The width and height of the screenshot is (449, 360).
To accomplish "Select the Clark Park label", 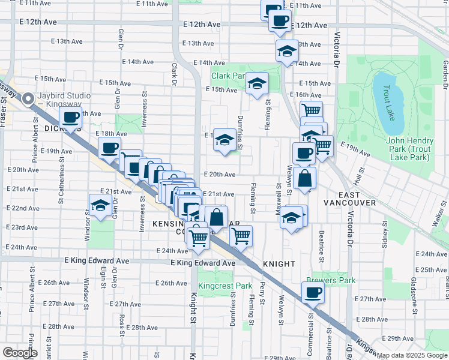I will coord(229,76).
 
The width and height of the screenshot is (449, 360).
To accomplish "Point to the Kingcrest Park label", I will coord(225,286).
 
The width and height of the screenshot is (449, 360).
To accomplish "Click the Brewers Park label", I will coord(331,280).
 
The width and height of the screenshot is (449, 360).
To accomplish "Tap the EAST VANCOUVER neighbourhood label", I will coord(348,199).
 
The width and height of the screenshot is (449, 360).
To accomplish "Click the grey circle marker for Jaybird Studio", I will coord(28,100).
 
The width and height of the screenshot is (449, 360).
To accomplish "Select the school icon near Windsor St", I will coord(100,205).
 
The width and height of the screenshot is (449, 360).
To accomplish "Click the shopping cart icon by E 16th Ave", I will coord(311,110).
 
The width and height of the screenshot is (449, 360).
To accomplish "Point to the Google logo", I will coord(19,353).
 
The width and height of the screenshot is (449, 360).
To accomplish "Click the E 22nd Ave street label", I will coord(25,208).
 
